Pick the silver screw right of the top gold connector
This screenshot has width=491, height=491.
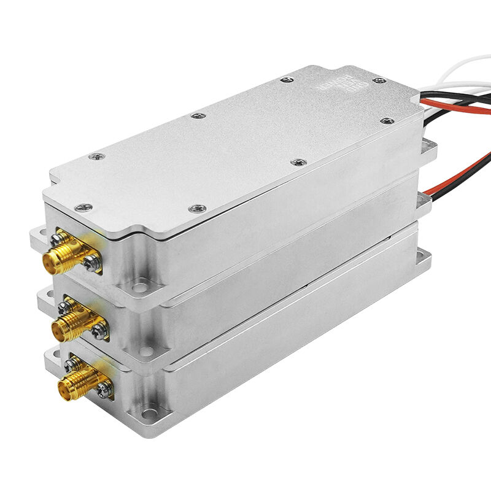pyautogui.click(x=93, y=263)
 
